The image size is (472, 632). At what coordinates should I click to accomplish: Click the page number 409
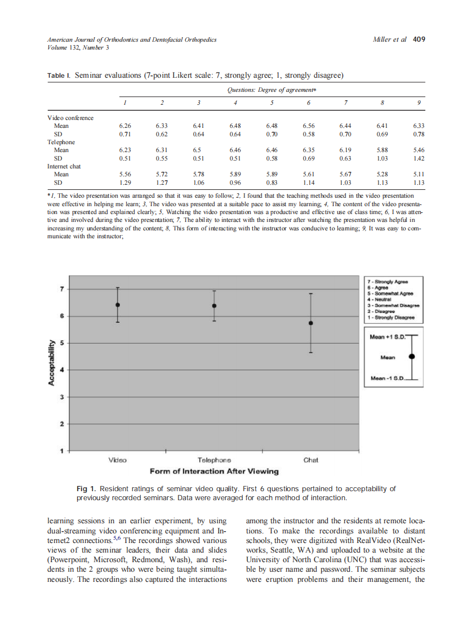pos(419,39)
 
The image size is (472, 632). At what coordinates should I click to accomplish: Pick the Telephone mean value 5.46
pos(418,150)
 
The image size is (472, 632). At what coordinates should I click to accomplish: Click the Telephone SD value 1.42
pos(418,158)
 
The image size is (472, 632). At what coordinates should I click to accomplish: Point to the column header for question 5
pos(272,102)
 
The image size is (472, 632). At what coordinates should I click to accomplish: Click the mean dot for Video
pos(117,305)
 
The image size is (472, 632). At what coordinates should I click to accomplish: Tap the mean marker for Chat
pos(310,323)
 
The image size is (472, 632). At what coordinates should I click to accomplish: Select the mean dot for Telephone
pos(214,306)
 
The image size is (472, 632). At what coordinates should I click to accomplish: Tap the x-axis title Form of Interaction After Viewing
pos(214,471)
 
